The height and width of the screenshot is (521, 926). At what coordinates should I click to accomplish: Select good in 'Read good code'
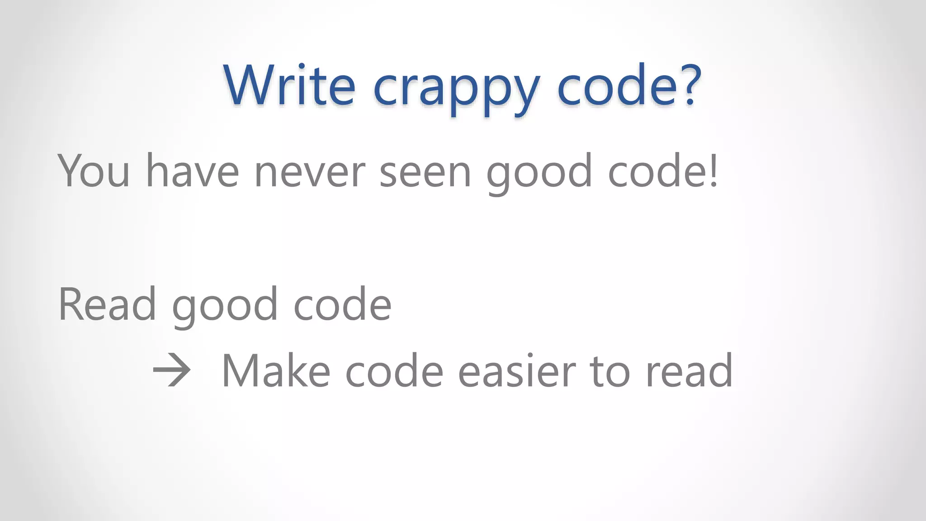coord(225,308)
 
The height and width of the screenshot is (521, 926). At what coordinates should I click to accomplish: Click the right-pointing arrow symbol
coord(171,371)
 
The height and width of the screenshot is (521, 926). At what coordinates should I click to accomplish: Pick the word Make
coord(276,371)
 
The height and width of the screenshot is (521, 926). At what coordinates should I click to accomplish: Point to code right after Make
coord(394,371)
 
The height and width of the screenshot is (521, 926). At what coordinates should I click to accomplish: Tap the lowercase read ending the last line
coord(689,371)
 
